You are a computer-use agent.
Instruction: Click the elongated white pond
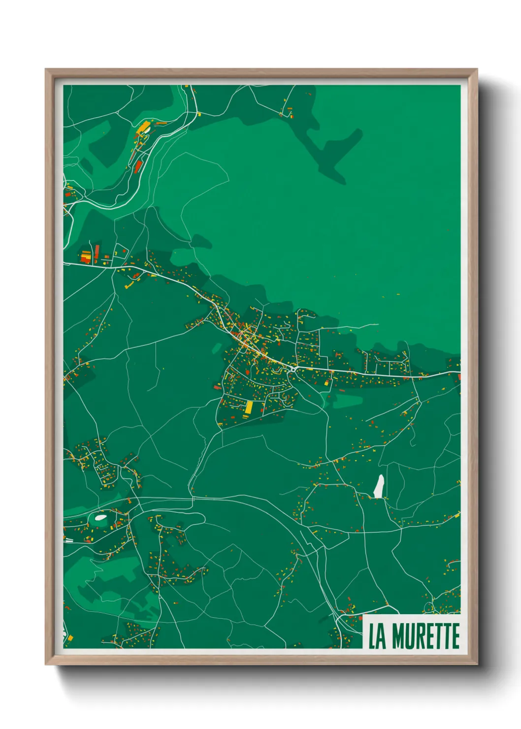pyautogui.click(x=379, y=486)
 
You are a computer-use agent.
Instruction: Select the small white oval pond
pyautogui.click(x=100, y=518)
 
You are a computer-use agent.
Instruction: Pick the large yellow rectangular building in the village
pyautogui.click(x=249, y=407)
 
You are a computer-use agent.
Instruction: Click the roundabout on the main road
pyautogui.click(x=293, y=368)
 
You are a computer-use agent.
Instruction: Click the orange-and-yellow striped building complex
pyautogui.click(x=86, y=256)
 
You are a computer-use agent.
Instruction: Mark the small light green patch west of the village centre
pyautogui.click(x=217, y=348)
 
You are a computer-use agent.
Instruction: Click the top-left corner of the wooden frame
pyautogui.click(x=46, y=69)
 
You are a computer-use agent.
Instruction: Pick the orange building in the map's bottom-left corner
pyautogui.click(x=70, y=638)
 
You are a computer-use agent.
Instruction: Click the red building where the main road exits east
pyautogui.click(x=459, y=377)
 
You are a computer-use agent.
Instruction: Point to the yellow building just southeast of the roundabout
pyautogui.click(x=326, y=382)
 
